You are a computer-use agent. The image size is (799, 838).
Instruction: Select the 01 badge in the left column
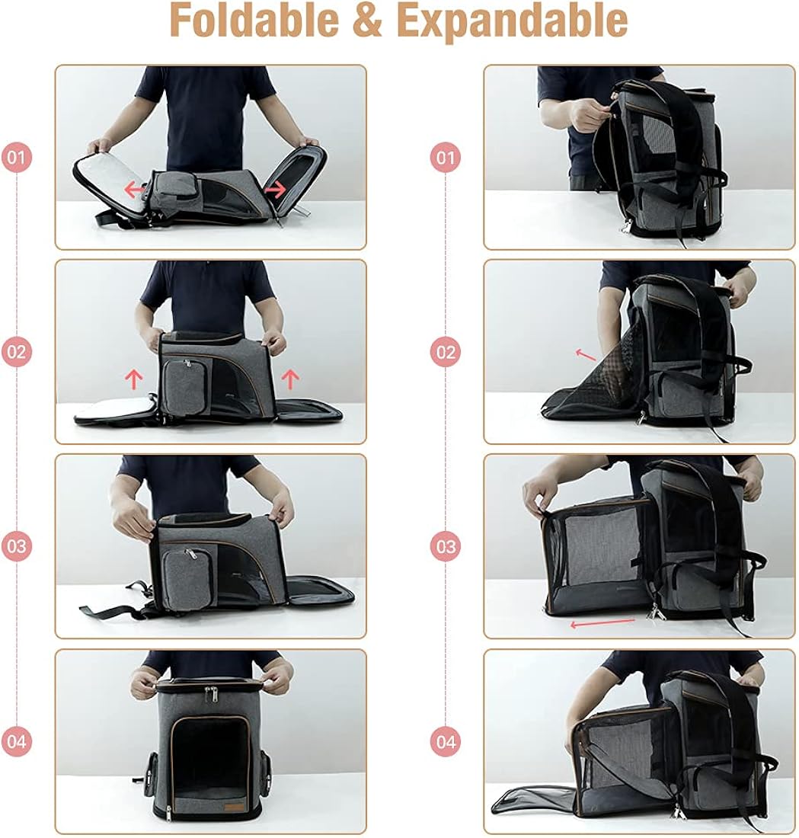pyautogui.click(x=17, y=158)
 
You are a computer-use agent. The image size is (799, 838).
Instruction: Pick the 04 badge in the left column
pyautogui.click(x=17, y=740)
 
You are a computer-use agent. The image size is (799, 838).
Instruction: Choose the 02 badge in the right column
pyautogui.click(x=446, y=352)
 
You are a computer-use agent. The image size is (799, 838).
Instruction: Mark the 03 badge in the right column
pyautogui.click(x=446, y=546)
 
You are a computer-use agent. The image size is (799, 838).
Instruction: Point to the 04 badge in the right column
pyautogui.click(x=446, y=740)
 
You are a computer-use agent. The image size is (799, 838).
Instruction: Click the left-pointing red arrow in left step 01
pyautogui.click(x=135, y=189)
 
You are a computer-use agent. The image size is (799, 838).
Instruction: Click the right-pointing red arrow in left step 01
pyautogui.click(x=274, y=188)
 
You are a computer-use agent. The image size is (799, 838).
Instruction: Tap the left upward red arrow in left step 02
pyautogui.click(x=134, y=376)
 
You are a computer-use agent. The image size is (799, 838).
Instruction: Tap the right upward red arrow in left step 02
pyautogui.click(x=291, y=376)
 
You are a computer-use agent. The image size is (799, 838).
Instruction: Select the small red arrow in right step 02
pyautogui.click(x=585, y=354)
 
